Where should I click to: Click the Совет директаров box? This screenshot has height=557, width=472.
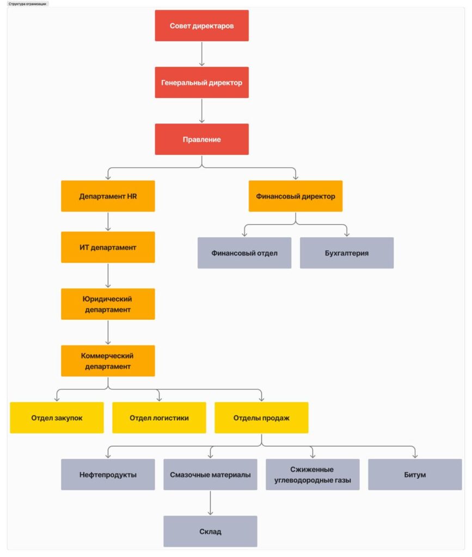(x=201, y=26)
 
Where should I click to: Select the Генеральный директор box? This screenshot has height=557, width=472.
(x=201, y=83)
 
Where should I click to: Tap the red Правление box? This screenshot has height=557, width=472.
(x=201, y=139)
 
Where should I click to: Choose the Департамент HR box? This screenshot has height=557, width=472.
(x=108, y=196)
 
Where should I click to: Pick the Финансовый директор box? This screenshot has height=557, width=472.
(x=296, y=196)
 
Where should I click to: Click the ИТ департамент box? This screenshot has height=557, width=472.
(x=108, y=247)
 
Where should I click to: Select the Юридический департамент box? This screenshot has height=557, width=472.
(x=108, y=304)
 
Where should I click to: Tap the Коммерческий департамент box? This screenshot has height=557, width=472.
(x=108, y=361)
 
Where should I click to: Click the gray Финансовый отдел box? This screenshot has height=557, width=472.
(x=244, y=253)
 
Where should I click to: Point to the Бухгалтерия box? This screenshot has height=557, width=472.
(x=347, y=253)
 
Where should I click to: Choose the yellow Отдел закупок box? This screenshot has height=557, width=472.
(x=57, y=418)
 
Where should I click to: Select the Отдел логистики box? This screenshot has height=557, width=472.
(x=159, y=418)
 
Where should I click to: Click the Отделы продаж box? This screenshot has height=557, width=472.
(x=261, y=418)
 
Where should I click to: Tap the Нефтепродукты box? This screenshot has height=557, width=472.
(x=108, y=474)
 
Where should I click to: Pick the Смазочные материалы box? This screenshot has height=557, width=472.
(x=210, y=474)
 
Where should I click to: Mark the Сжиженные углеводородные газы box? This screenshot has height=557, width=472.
(x=312, y=474)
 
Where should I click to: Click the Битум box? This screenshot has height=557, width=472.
(x=415, y=474)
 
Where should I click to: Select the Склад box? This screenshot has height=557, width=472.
(x=210, y=531)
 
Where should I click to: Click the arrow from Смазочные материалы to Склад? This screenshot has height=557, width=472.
(x=210, y=503)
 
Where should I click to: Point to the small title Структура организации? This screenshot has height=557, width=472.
(x=27, y=4)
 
